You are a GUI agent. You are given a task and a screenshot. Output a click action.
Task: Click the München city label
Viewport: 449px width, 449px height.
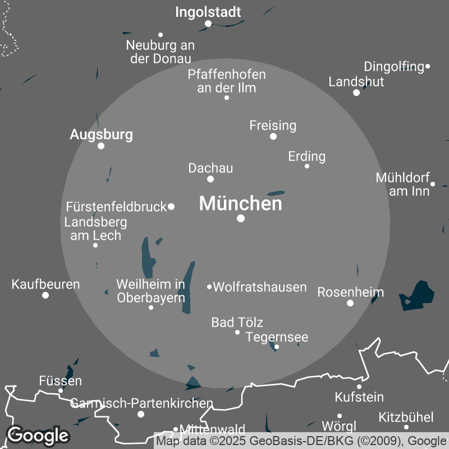pyautogui.click(x=241, y=204)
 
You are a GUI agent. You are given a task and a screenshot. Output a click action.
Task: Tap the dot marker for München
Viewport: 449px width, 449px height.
pyautogui.click(x=241, y=218)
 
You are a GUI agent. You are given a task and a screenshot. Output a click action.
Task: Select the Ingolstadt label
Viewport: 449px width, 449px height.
pyautogui.click(x=208, y=12)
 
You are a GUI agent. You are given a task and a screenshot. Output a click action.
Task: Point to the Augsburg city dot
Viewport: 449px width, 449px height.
pyautogui.click(x=101, y=146)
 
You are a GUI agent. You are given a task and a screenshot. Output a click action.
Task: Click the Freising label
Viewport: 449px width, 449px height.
pyautogui.click(x=273, y=125)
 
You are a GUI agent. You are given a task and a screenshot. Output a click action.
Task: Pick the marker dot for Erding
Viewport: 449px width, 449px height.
pyautogui.click(x=307, y=166)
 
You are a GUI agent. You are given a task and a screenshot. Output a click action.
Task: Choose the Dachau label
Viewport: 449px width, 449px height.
pyautogui.click(x=210, y=168)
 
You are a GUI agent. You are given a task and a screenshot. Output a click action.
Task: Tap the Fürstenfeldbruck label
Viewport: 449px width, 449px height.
pyautogui.click(x=116, y=207)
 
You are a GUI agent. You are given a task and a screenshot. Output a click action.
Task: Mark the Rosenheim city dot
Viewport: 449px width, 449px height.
pyautogui.click(x=350, y=303)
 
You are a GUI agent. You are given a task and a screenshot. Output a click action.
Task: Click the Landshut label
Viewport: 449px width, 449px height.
pyautogui.click(x=356, y=81)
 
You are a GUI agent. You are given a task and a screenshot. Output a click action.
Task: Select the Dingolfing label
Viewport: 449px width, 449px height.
pyautogui.click(x=394, y=67)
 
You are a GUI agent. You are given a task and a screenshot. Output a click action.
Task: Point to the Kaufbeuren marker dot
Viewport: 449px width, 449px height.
pyautogui.click(x=45, y=295)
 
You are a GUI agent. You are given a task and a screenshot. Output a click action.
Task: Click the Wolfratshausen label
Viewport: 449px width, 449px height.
pyautogui.click(x=260, y=287)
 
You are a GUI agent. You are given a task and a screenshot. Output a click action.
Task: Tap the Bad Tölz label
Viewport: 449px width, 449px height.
pyautogui.click(x=237, y=322)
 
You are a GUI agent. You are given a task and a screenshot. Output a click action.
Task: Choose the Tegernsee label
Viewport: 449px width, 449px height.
pyautogui.click(x=277, y=337)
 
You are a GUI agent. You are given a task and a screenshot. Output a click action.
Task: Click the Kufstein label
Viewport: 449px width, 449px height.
pyautogui.click(x=359, y=397)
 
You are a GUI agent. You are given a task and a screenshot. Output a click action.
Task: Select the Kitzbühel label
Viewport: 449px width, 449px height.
pyautogui.click(x=406, y=417)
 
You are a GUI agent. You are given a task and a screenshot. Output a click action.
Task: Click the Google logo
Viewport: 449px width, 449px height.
pyautogui.click(x=38, y=435)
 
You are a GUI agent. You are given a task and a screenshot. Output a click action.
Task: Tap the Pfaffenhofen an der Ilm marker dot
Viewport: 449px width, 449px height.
pyautogui.click(x=227, y=98)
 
